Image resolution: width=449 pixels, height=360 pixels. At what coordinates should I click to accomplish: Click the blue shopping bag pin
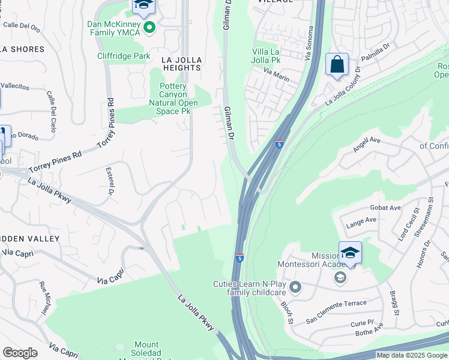[x=337, y=65]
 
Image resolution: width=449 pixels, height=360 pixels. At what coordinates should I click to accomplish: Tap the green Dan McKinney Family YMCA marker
[x=149, y=27]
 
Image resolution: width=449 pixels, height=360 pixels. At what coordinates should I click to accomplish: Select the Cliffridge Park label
[x=124, y=56]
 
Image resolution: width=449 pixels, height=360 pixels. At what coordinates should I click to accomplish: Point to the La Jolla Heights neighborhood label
[x=181, y=64]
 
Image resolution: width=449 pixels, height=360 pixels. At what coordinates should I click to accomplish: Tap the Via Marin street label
[x=277, y=73]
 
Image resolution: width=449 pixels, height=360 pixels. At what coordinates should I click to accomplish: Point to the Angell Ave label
[x=367, y=144]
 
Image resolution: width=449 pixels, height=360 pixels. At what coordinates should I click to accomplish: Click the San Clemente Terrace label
[x=336, y=303]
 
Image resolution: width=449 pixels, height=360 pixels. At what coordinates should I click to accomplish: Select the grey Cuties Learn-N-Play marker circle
[x=294, y=287]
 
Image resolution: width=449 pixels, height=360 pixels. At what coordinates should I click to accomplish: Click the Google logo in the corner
[x=20, y=353]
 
